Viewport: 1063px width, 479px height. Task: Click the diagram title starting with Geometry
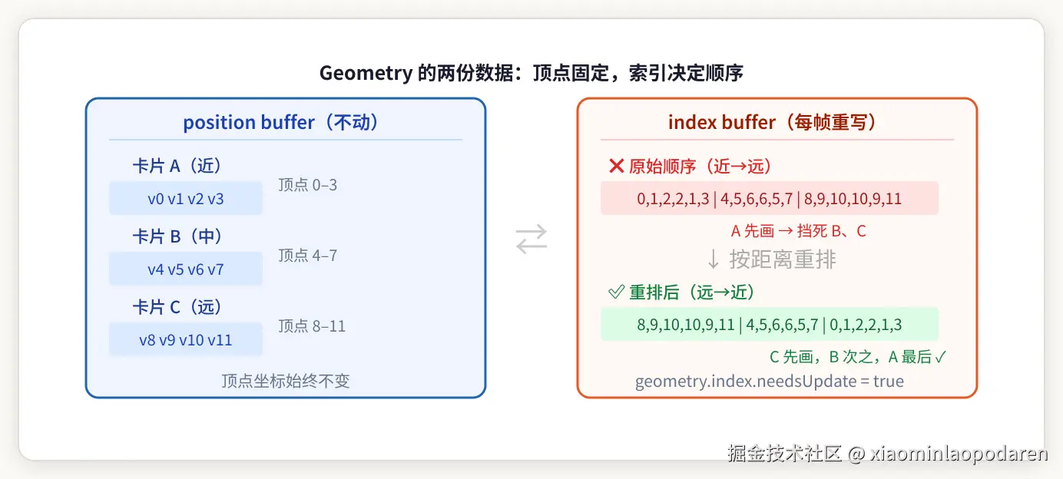coord(531,73)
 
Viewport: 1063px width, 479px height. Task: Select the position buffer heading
coord(281,122)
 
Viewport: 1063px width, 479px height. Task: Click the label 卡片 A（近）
coord(177,166)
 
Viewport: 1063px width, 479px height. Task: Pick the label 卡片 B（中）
coord(177,236)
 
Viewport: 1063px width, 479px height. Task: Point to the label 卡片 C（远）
coord(177,307)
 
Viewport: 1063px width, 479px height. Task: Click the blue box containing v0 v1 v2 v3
coord(186,199)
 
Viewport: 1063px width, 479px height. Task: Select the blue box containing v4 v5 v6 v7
coord(186,269)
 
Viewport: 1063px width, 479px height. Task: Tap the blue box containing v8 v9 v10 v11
coord(186,340)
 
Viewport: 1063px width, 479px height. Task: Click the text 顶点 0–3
coord(307,185)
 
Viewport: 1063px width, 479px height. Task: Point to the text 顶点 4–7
coord(307,256)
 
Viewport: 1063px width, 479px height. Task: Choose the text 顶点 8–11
coord(312,326)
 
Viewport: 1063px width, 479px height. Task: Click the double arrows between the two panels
coord(531,238)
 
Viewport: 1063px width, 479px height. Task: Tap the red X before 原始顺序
coord(616,166)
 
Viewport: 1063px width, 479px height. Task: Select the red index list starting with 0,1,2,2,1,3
coord(769,199)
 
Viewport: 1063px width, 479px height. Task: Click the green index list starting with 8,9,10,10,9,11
coord(769,325)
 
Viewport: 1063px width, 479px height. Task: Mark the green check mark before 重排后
coord(616,292)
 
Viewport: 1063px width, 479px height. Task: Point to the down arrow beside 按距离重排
coord(714,259)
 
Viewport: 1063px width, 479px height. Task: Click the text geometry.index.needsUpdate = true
coord(769,382)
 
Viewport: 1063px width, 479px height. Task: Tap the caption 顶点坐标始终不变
coord(286,382)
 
